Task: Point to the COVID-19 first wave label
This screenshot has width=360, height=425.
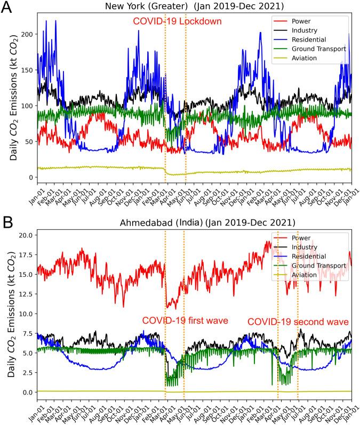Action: (185, 320)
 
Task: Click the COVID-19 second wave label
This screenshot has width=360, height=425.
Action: (298, 322)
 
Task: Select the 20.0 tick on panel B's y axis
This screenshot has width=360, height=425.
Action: (23, 235)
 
